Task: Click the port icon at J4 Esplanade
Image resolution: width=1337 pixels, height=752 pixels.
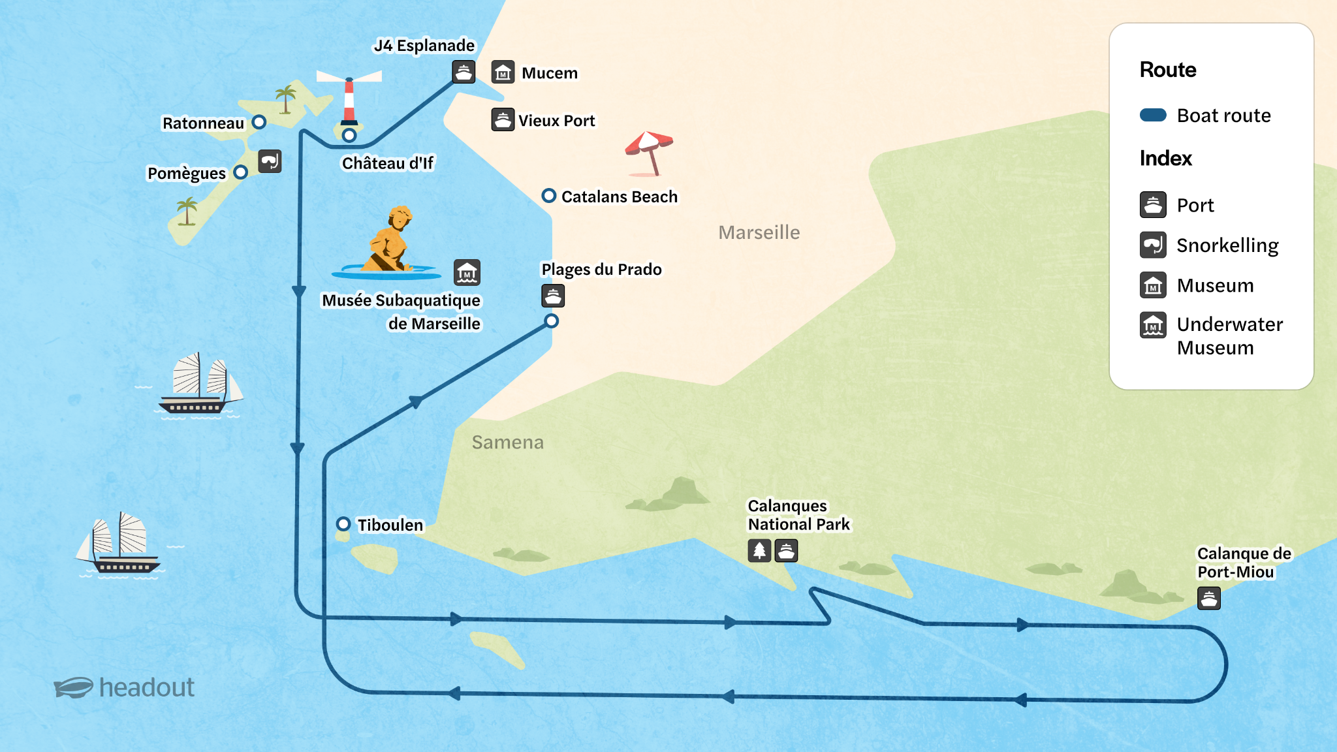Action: click(464, 72)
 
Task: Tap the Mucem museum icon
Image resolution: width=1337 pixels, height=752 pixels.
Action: click(503, 72)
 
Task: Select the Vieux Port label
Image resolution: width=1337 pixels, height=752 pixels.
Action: click(556, 121)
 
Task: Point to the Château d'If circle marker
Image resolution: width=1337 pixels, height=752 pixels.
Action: click(349, 135)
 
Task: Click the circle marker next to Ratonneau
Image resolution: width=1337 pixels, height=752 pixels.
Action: click(259, 122)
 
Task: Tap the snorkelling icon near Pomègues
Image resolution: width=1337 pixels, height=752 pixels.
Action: click(270, 161)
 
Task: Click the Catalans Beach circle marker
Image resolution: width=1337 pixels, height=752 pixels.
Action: click(549, 196)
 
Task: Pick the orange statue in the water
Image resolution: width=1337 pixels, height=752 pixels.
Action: click(390, 242)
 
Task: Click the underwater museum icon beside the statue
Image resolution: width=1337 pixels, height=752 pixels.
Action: click(467, 272)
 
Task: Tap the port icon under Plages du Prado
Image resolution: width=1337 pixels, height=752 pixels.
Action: click(553, 296)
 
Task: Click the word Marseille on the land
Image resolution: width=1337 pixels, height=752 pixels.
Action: click(759, 232)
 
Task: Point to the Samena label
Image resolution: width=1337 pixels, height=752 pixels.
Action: click(507, 443)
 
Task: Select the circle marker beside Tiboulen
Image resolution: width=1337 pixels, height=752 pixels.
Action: click(343, 524)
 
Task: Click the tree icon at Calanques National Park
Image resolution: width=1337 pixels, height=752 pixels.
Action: click(759, 551)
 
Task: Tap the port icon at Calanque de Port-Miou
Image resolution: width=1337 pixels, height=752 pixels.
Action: click(1208, 598)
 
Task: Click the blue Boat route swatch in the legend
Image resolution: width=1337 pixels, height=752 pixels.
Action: click(1153, 116)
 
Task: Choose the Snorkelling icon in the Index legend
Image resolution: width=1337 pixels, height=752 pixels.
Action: click(1153, 245)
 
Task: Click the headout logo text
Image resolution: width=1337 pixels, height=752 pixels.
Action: click(146, 687)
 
